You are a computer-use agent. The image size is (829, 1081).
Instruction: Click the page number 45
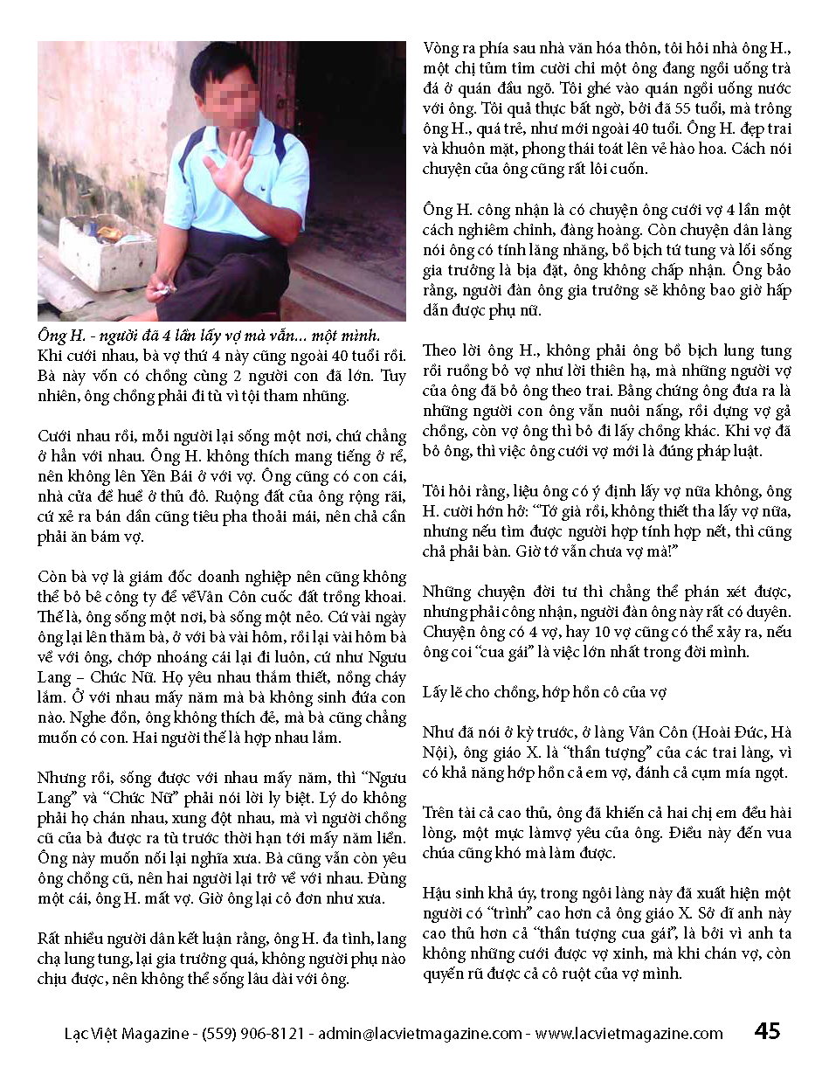pyautogui.click(x=767, y=1032)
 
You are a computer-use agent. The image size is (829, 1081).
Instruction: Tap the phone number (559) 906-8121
pyautogui.click(x=252, y=1034)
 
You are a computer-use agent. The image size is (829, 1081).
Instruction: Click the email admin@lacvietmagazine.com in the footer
pyautogui.click(x=420, y=1034)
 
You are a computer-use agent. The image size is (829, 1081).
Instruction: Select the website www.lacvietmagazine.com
pyautogui.click(x=629, y=1034)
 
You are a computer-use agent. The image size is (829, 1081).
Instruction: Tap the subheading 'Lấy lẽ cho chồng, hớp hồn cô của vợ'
pyautogui.click(x=545, y=692)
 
